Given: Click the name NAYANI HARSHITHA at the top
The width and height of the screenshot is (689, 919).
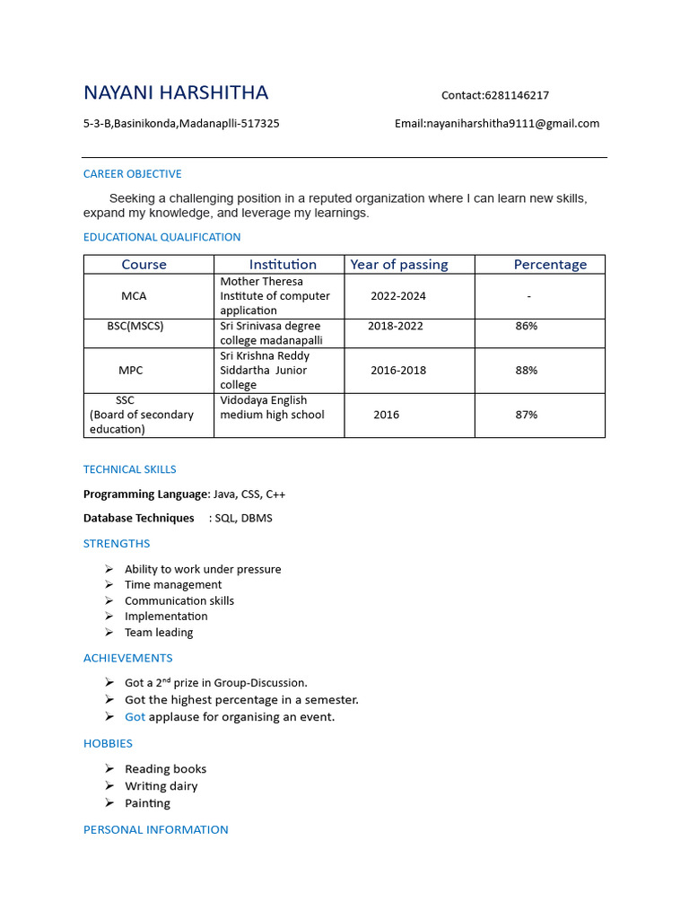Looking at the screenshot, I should click(176, 93).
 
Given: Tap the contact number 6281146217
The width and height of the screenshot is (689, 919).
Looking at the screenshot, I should click(517, 95).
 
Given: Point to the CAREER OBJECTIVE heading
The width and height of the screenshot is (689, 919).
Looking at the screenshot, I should click(132, 174).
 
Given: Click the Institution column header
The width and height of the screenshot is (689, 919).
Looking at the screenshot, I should click(283, 265).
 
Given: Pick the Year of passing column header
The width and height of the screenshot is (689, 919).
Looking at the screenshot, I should click(398, 265).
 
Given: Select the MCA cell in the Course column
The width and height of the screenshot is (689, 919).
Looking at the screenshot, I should click(134, 296).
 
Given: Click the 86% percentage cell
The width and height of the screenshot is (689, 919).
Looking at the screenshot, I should click(527, 326).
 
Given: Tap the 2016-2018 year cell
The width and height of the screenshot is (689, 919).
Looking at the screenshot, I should click(398, 370).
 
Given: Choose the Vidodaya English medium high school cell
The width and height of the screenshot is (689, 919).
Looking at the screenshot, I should click(272, 407).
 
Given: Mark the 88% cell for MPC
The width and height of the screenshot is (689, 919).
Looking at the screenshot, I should click(527, 370).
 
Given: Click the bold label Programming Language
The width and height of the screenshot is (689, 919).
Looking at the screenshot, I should click(145, 495).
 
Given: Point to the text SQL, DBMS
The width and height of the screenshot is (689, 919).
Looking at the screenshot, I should click(243, 518).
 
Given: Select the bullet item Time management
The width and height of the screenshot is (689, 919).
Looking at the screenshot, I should click(173, 585).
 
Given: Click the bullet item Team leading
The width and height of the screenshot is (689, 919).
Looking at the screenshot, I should click(159, 633).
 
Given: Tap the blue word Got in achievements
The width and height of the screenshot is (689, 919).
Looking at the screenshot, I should click(135, 717).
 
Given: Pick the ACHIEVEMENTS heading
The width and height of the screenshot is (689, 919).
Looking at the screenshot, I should click(127, 659).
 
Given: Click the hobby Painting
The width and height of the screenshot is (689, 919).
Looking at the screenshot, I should click(147, 803).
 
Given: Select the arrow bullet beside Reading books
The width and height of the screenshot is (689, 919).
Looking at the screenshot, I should click(109, 769).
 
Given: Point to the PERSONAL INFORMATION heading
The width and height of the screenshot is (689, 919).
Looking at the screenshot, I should click(155, 830).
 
